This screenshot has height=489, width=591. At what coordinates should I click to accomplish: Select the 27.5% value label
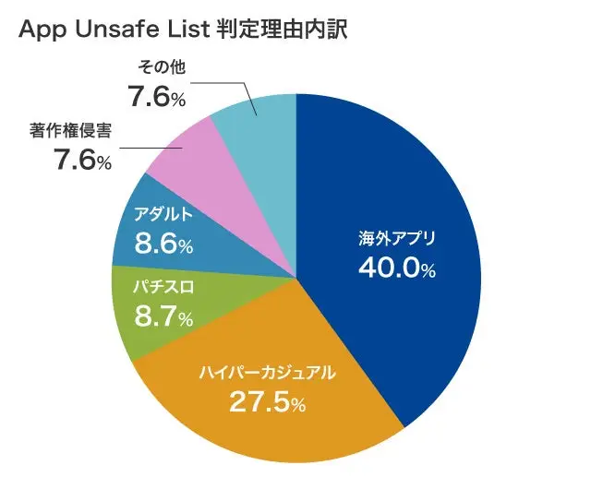(x=268, y=403)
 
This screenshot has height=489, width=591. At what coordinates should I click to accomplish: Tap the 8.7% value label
(x=164, y=318)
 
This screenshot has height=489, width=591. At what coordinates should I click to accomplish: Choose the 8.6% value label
(x=164, y=245)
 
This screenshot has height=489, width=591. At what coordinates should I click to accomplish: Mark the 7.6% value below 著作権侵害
(x=82, y=161)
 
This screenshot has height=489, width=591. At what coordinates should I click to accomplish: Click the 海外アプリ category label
(x=396, y=239)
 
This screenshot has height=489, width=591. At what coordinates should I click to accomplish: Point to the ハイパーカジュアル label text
(x=267, y=374)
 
